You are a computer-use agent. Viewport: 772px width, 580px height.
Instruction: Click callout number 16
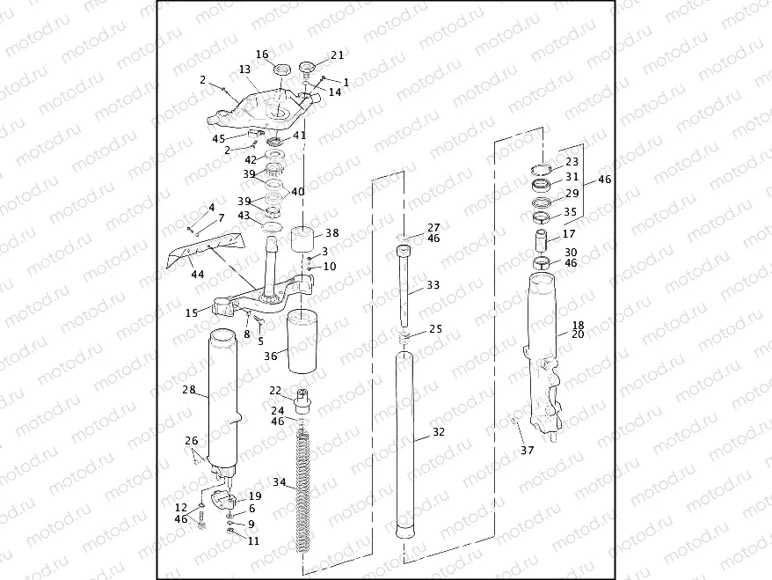click(x=262, y=55)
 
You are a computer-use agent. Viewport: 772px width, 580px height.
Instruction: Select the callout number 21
click(x=338, y=55)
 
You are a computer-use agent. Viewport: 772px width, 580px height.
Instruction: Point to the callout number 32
click(x=439, y=432)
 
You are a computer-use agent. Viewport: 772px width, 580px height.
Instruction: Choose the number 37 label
click(x=527, y=451)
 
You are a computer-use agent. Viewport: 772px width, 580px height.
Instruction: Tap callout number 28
click(x=188, y=389)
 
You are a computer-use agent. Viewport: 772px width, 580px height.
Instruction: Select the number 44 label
click(x=198, y=275)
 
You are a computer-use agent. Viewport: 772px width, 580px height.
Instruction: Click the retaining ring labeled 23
click(x=543, y=170)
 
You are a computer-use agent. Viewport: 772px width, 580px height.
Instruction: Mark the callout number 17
click(x=569, y=234)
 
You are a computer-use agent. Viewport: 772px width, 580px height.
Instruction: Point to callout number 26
click(x=191, y=441)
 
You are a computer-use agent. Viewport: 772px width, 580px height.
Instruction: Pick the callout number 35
click(x=570, y=212)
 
